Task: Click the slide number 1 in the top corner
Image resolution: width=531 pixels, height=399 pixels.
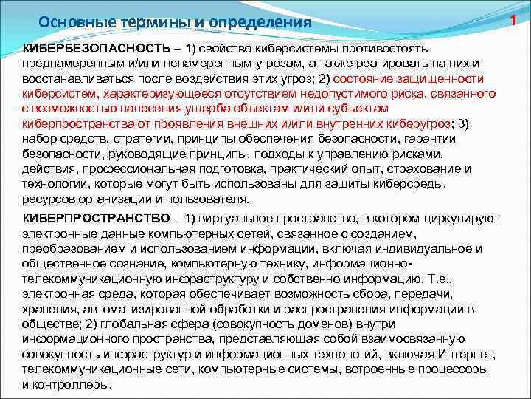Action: coord(516,9)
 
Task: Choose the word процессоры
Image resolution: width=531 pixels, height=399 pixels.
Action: coord(455,369)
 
